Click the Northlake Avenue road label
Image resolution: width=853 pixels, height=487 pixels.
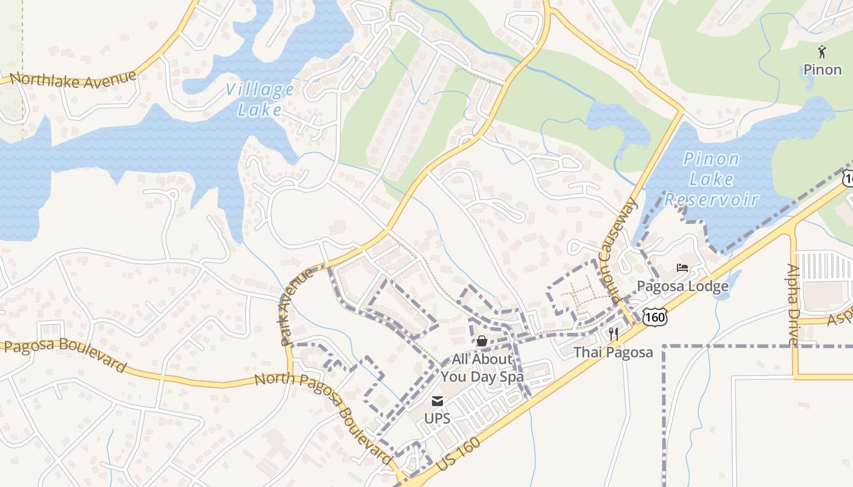[73, 79]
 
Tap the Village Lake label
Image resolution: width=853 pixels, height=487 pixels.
[260, 100]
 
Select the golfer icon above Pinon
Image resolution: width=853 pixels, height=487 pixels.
[822, 52]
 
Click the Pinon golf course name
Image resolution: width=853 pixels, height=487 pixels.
[822, 69]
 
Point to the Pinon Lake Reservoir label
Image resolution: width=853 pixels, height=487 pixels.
[711, 180]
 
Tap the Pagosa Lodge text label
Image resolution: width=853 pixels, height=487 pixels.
[682, 286]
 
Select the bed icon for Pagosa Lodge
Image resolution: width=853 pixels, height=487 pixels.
[682, 268]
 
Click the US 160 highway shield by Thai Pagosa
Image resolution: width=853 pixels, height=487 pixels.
[654, 317]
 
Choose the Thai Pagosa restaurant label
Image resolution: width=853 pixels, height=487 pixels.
[613, 352]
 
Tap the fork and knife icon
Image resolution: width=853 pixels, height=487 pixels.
[614, 334]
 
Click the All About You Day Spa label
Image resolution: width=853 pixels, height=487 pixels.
[482, 368]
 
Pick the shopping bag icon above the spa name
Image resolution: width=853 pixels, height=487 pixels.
[481, 341]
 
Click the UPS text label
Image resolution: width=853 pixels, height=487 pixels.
[437, 419]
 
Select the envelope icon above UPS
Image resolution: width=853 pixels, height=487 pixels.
[437, 401]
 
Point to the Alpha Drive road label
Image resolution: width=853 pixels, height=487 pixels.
[793, 304]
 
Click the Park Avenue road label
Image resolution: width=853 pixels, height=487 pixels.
[298, 307]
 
